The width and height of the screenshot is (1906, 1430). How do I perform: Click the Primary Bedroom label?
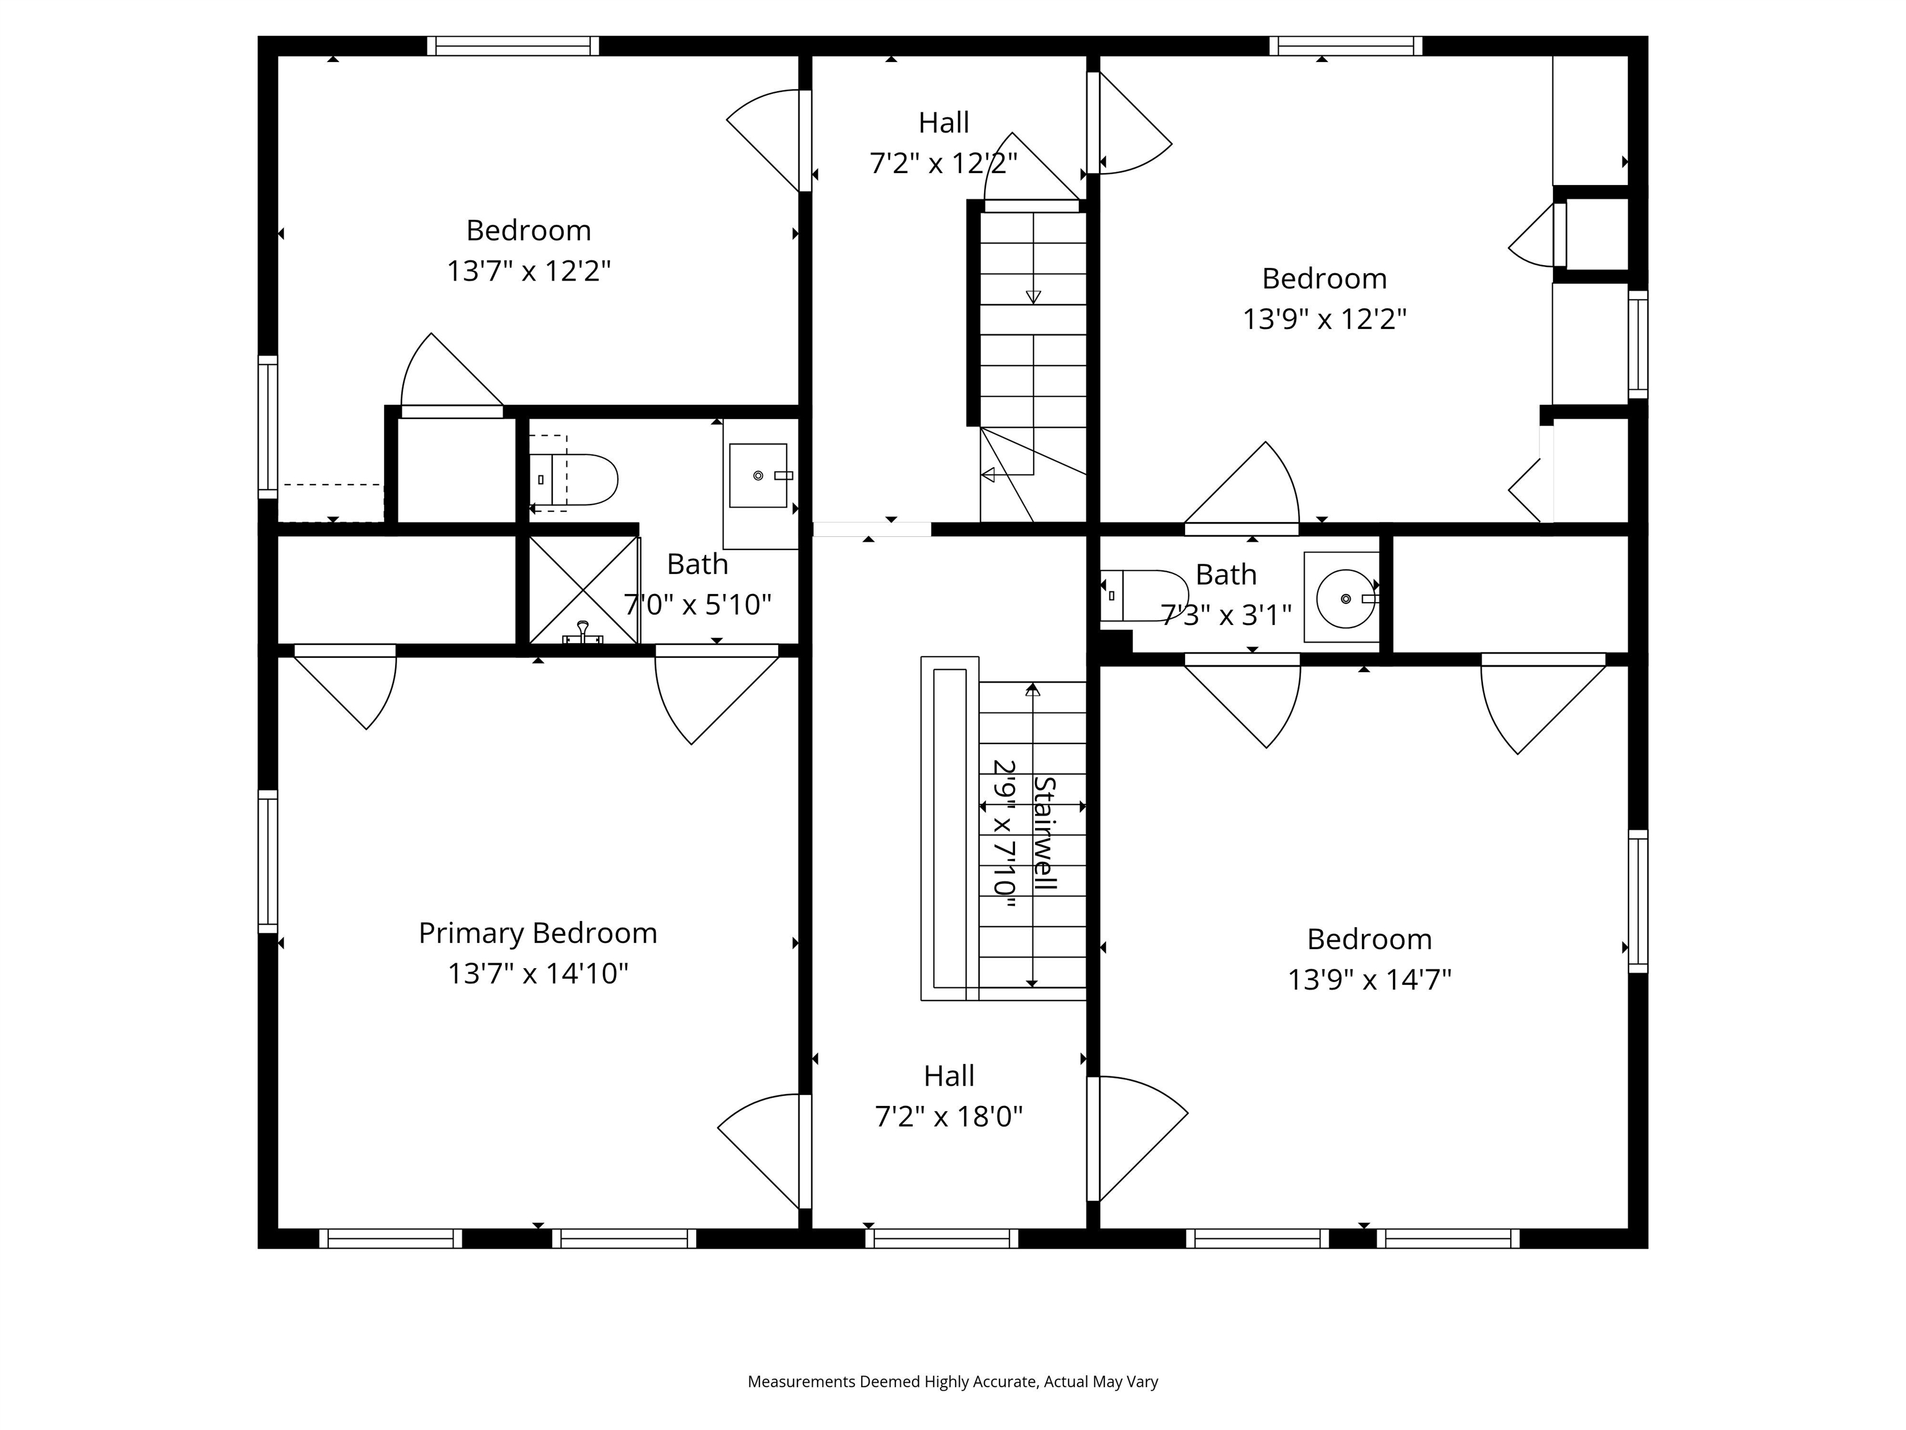click(538, 933)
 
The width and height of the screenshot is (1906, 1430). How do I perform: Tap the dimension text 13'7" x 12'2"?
click(528, 271)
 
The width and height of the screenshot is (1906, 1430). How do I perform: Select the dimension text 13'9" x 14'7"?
click(1369, 980)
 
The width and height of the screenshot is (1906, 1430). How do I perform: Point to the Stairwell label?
click(1044, 834)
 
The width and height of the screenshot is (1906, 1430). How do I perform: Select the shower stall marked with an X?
click(583, 590)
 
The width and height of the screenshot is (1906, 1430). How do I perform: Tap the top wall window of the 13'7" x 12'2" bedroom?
click(512, 46)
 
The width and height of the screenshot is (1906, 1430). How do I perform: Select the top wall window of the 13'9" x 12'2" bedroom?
click(1345, 46)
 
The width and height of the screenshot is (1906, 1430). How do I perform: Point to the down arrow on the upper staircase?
click(1033, 297)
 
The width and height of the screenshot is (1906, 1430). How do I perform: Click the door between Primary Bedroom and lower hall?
click(805, 1151)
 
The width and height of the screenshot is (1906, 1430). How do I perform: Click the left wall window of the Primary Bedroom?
click(268, 861)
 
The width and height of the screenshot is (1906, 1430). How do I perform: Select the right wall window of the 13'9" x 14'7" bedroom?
click(1637, 901)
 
